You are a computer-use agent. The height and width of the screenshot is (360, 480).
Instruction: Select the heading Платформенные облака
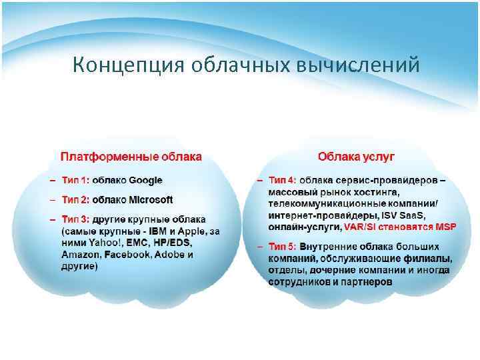pyautogui.click(x=131, y=157)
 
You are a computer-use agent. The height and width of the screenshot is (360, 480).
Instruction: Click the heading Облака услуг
pyautogui.click(x=357, y=157)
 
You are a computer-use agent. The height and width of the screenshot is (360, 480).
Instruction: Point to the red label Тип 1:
pyautogui.click(x=75, y=180)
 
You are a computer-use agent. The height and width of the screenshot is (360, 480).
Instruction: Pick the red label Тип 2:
pyautogui.click(x=75, y=199)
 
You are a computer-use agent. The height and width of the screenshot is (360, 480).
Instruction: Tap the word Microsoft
pyautogui.click(x=151, y=199)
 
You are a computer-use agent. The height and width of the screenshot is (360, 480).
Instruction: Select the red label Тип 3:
pyautogui.click(x=75, y=219)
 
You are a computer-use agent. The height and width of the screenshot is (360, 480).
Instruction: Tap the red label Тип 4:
pyautogui.click(x=283, y=180)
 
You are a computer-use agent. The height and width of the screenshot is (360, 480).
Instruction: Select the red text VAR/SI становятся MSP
pyautogui.click(x=399, y=227)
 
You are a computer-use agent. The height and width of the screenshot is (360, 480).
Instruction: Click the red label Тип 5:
pyautogui.click(x=283, y=247)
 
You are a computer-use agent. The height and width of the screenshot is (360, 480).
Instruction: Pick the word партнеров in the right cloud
pyautogui.click(x=367, y=282)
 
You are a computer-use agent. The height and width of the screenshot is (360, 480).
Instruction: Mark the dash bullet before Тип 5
pyautogui.click(x=261, y=247)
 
